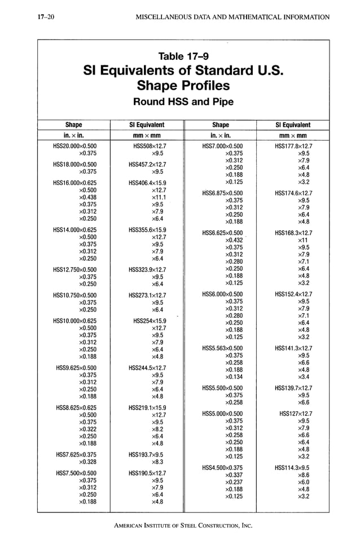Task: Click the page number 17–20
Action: tap(38, 17)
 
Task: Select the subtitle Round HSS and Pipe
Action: tap(183, 102)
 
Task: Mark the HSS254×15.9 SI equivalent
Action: tap(150, 321)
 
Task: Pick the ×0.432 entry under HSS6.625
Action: tap(234, 240)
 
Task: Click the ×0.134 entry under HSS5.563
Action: tap(234, 376)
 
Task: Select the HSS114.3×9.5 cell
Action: tap(292, 468)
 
